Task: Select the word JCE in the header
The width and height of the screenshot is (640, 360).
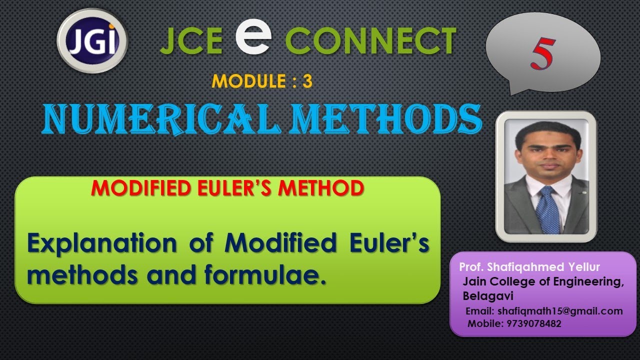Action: click(x=191, y=41)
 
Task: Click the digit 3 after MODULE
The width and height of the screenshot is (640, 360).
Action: click(x=307, y=81)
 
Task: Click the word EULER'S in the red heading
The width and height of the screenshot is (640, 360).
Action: click(x=245, y=188)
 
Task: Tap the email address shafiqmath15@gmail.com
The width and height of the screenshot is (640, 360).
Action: click(x=560, y=311)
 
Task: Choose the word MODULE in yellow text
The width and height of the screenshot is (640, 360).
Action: click(x=246, y=81)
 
